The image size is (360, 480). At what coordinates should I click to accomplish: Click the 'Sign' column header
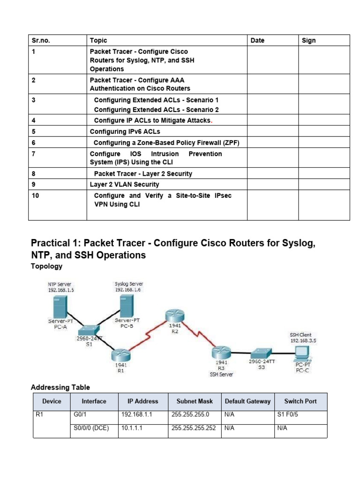point(308,40)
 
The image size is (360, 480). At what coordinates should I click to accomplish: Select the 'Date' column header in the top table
point(257,40)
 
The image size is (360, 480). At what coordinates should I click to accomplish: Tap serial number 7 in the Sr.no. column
point(34,154)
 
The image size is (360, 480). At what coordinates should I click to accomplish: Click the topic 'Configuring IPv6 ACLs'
point(125,132)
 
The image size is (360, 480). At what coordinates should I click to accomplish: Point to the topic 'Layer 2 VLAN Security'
point(124,184)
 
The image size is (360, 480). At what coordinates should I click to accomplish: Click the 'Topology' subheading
point(46,266)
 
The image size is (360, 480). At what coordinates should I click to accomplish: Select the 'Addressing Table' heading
point(60,387)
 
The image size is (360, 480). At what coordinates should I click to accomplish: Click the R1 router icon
point(120,354)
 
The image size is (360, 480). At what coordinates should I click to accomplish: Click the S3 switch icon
point(259,352)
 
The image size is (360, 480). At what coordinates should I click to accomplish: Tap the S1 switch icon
point(89,330)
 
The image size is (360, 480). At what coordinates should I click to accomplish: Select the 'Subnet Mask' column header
point(195,401)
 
